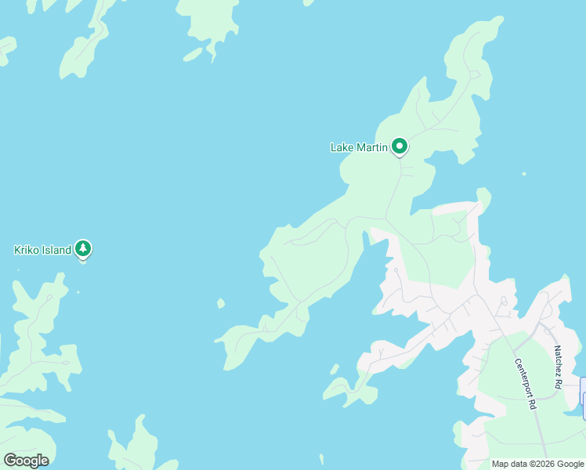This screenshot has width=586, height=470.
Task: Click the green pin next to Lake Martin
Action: point(400,146)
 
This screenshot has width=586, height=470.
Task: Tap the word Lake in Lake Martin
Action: point(342,147)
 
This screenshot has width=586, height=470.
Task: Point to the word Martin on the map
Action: point(371,147)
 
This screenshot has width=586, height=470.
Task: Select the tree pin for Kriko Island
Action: point(83,249)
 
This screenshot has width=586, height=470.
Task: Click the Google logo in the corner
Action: point(26,461)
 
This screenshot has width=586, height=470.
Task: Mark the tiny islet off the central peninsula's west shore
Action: point(221,303)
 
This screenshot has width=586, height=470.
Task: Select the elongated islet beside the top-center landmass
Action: point(193,54)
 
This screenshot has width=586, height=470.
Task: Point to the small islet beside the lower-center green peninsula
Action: point(335,368)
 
